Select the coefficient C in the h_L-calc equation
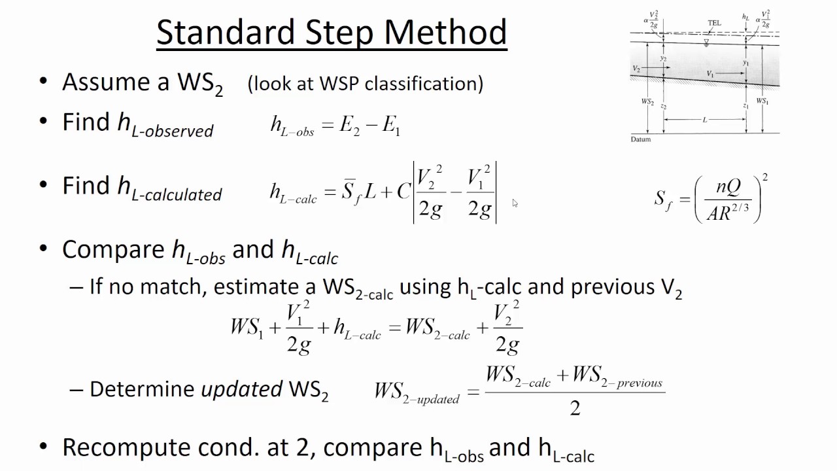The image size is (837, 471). (x=403, y=192)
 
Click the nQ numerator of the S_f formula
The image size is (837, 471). (x=728, y=187)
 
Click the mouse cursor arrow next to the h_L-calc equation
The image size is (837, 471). (x=515, y=203)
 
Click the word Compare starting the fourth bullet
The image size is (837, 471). (x=112, y=250)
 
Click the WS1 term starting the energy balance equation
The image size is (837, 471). (x=247, y=326)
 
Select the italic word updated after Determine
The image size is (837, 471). (x=241, y=389)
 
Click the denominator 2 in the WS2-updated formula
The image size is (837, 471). (x=575, y=408)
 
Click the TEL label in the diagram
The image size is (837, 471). (x=714, y=23)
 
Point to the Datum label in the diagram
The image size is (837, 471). (x=641, y=139)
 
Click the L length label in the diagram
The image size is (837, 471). (x=705, y=120)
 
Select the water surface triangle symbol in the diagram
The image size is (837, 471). (x=706, y=43)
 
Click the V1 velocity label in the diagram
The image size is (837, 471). (x=710, y=74)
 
